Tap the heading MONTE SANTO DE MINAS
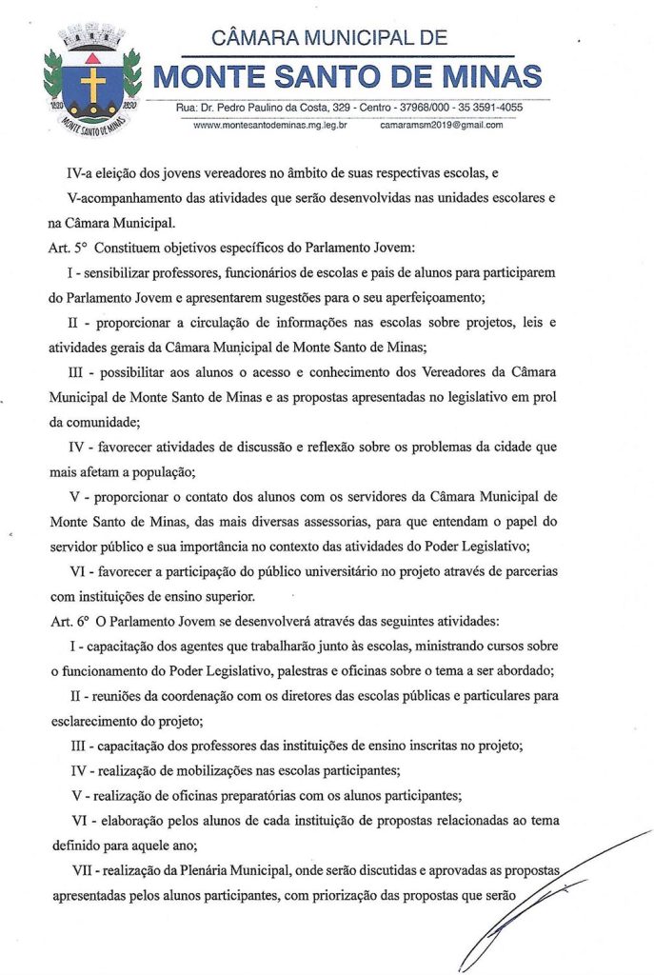coord(348,75)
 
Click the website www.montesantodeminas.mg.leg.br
coord(269,125)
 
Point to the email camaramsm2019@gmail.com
coord(441,125)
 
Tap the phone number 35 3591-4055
coord(489,107)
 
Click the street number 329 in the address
coord(337,107)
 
